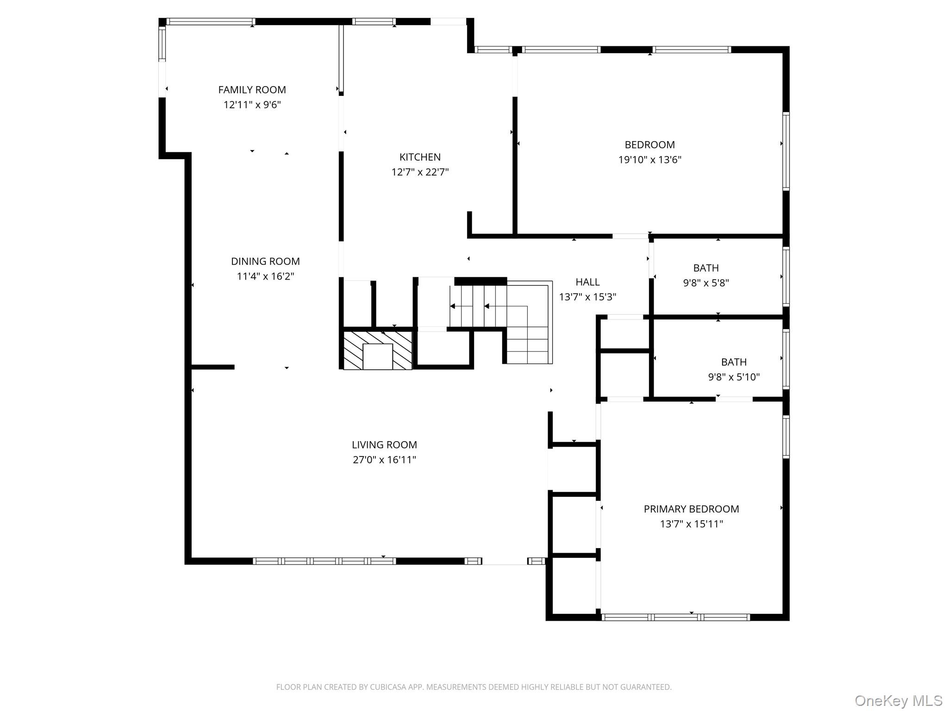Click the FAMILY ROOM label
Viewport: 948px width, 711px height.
252,90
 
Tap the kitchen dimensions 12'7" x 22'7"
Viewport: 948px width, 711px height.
420,172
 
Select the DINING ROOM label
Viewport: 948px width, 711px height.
265,261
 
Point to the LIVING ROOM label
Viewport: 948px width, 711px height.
384,445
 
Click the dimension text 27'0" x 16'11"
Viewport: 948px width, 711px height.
384,460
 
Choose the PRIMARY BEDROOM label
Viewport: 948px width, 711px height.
691,509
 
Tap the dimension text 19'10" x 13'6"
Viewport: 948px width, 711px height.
649,160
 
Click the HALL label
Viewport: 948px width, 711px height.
587,282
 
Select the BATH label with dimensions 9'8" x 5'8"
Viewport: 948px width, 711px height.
706,268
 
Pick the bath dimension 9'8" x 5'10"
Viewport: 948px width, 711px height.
734,377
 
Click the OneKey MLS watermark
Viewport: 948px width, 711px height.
898,700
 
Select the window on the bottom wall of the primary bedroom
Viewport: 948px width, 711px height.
675,617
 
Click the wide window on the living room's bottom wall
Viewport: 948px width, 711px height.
324,561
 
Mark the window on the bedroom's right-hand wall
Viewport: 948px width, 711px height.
786,151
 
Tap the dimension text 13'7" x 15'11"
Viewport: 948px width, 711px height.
691,524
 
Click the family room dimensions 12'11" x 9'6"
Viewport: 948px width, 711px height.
252,105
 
